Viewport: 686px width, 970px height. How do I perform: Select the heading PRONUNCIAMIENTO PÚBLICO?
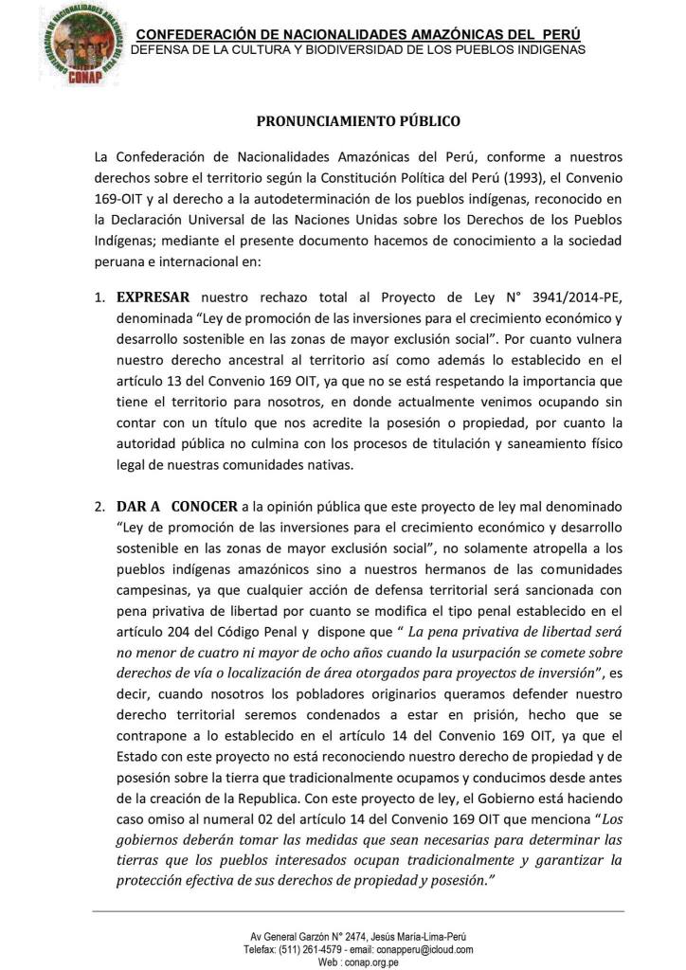pyautogui.click(x=359, y=121)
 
